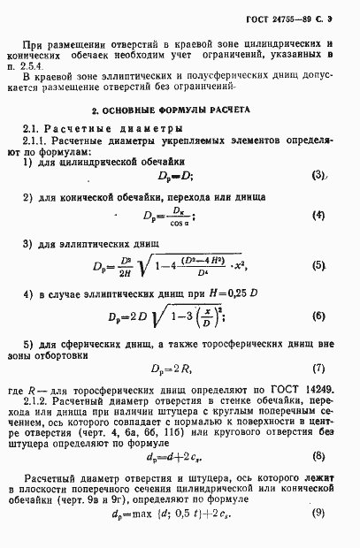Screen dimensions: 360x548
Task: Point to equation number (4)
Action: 318,215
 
